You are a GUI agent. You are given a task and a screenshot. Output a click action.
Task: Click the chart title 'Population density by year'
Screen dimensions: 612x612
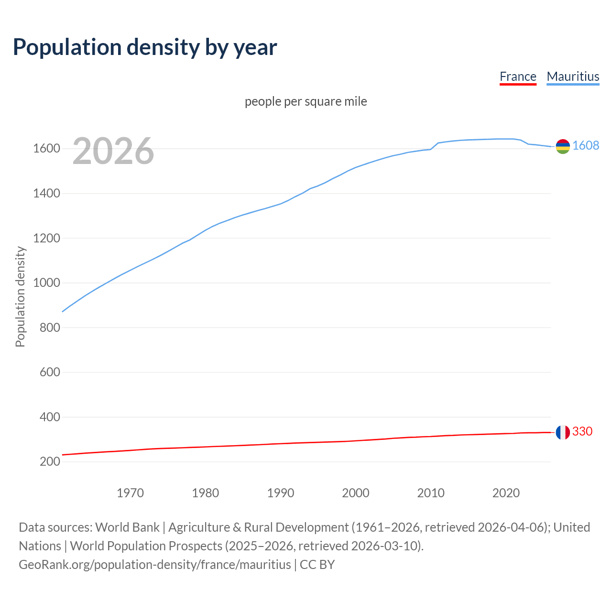coord(145,47)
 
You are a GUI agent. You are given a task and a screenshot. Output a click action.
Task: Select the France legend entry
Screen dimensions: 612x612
coord(518,76)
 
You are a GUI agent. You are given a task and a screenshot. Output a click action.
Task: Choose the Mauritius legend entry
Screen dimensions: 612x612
coord(573,76)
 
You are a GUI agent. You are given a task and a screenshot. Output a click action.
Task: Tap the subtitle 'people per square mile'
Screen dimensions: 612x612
coord(306,101)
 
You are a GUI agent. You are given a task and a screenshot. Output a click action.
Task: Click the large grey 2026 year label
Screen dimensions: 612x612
coord(113,151)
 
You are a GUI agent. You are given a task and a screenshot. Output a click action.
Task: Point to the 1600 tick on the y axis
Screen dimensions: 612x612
coord(46,149)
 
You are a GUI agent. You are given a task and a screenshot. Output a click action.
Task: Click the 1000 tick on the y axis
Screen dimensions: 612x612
coord(46,283)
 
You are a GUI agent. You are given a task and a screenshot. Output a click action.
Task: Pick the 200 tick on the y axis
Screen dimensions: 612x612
coord(50,461)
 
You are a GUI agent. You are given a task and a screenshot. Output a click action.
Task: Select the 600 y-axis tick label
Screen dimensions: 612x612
coord(50,372)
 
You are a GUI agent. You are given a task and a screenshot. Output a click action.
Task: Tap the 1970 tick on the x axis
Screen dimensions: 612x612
coord(130,493)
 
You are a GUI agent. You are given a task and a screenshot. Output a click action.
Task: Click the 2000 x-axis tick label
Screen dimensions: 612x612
coord(356,493)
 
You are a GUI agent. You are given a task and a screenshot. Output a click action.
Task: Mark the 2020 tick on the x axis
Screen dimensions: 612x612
coord(506,493)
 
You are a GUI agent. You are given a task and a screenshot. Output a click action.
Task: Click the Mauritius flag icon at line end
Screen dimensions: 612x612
coord(563,147)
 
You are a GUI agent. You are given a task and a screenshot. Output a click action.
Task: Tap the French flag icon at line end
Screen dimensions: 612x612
coord(563,432)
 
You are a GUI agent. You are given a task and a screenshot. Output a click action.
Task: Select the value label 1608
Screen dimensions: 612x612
coord(586,145)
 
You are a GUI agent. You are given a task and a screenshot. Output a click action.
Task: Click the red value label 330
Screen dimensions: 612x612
coord(582,431)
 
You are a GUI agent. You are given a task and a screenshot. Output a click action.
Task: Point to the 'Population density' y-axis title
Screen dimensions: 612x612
coord(20,296)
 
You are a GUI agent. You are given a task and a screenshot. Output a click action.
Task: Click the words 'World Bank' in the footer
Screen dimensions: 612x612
coord(127,527)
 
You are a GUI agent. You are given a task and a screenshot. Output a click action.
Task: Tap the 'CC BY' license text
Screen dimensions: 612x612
coord(317,565)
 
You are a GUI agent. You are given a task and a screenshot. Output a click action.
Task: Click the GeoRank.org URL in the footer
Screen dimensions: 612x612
coord(154,565)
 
